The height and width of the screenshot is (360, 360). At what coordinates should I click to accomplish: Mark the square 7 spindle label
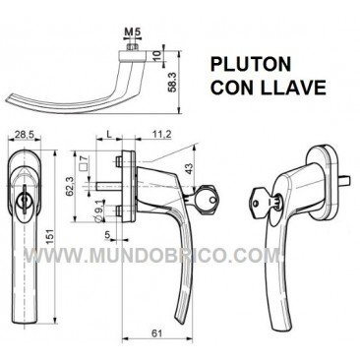(x=99, y=161)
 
